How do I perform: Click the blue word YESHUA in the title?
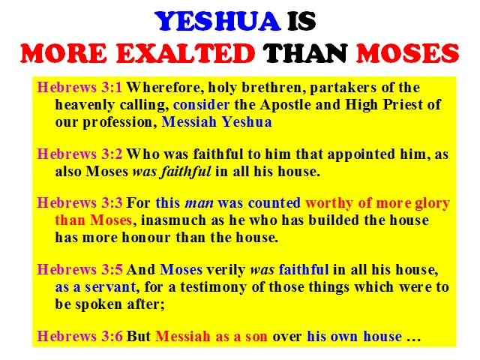pos(218,22)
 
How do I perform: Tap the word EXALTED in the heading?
pos(185,53)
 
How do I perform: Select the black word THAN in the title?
pos(305,53)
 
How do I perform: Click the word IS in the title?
pos(301,22)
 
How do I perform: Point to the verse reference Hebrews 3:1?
pos(79,87)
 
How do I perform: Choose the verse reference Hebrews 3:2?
pos(79,154)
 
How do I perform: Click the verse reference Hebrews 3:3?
pos(79,202)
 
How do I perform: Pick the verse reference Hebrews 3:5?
pos(79,269)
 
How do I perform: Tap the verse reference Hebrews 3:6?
pos(79,336)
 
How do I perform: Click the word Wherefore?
pos(165,88)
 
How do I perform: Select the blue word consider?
pos(201,105)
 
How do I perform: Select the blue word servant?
pos(110,287)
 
